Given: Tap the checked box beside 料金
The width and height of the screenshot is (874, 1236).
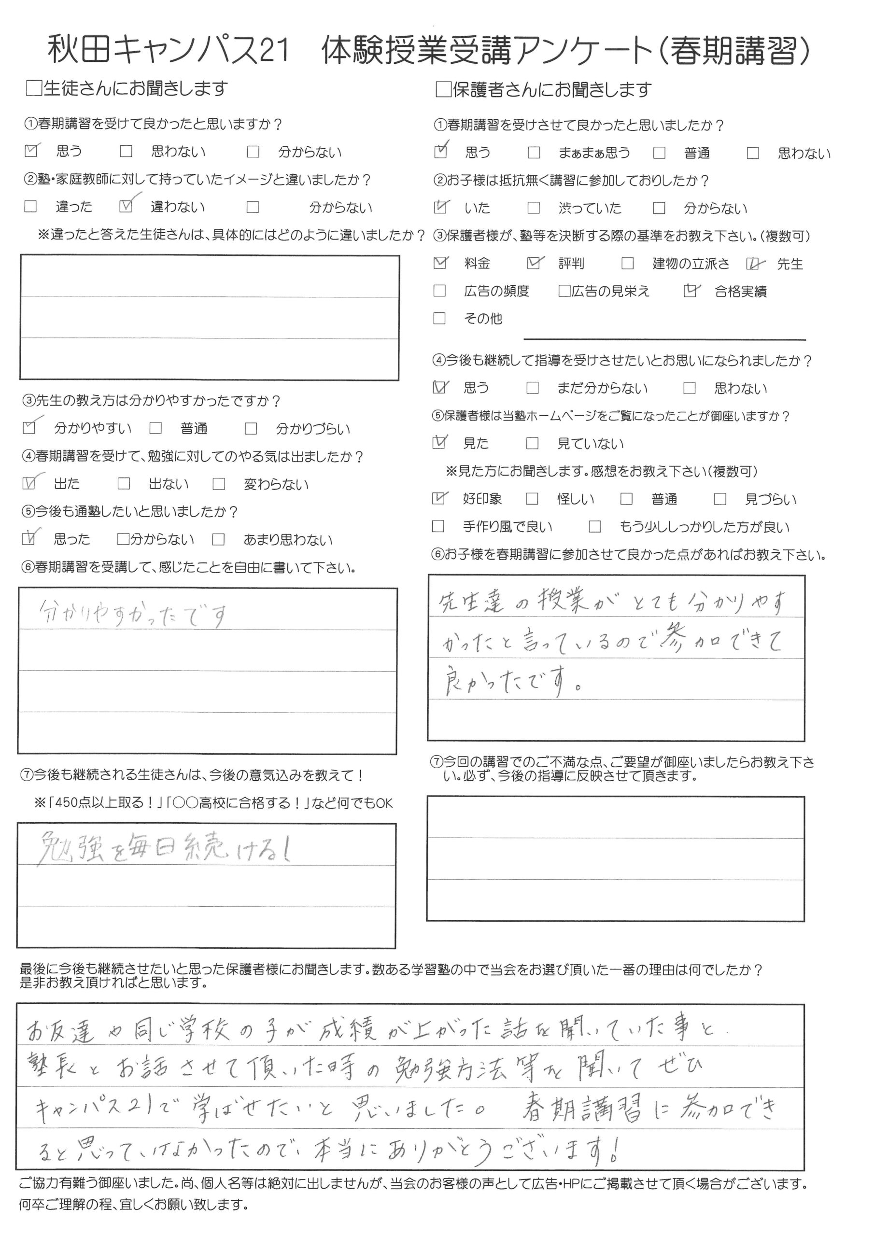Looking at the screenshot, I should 440,263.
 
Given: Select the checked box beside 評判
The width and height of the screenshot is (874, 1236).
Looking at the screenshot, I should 534,263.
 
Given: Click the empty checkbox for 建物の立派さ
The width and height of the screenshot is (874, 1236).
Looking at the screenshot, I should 627,263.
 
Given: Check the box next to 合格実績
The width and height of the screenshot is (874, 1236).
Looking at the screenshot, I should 690,291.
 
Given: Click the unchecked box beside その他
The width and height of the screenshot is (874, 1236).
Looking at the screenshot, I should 439,318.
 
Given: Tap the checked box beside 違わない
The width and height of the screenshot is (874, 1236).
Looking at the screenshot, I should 126,206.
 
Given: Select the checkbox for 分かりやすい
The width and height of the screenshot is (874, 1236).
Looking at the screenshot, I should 29,428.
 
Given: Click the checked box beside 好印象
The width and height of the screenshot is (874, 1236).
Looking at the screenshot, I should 439,498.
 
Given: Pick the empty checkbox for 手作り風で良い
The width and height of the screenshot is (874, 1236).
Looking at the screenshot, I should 438,526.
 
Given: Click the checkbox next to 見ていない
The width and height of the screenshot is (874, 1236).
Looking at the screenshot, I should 532,443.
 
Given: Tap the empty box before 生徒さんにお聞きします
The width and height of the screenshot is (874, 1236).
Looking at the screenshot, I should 33,88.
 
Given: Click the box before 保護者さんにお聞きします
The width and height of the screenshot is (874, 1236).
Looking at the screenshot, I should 443,89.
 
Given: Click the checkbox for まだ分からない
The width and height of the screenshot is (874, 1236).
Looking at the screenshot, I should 533,388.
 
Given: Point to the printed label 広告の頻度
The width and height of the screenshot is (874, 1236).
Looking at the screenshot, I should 496,291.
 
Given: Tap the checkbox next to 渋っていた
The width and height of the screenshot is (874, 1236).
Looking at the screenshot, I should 534,208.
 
